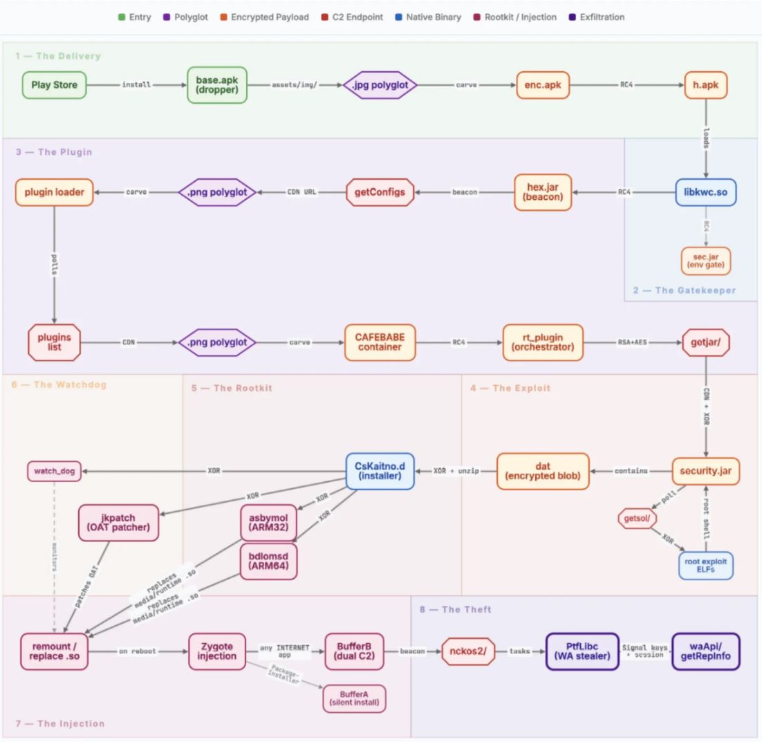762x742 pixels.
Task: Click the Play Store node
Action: (54, 86)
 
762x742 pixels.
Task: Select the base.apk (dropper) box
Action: (216, 86)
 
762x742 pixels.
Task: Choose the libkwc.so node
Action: (705, 192)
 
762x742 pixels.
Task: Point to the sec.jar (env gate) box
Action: (705, 260)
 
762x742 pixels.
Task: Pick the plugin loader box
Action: (54, 192)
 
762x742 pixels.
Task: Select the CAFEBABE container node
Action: (380, 342)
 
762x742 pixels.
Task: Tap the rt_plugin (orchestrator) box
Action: (542, 342)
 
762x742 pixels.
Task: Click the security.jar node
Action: (705, 471)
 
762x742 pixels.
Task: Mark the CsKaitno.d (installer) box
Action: (380, 471)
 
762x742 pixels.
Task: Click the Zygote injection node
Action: (218, 651)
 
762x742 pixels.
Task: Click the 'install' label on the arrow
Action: (137, 86)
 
